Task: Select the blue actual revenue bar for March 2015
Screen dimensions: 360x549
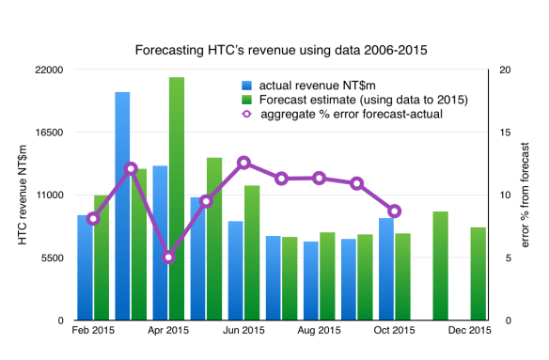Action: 122,207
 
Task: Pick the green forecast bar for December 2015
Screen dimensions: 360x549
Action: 478,274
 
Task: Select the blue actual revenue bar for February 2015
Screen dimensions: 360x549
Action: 85,268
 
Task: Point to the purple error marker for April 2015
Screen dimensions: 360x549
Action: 168,257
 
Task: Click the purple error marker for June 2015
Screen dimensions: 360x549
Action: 243,163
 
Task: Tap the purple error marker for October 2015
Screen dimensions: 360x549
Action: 394,211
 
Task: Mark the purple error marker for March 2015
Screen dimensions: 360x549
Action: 131,168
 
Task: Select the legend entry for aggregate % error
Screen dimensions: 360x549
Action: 349,114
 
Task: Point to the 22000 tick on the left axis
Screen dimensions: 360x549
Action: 49,70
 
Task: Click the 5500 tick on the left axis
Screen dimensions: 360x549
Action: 52,258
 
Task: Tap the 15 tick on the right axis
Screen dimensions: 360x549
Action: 507,133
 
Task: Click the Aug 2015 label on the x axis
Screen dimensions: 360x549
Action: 319,330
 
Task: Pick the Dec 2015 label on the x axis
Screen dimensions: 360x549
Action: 469,330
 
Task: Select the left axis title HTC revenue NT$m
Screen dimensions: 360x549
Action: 21,196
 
